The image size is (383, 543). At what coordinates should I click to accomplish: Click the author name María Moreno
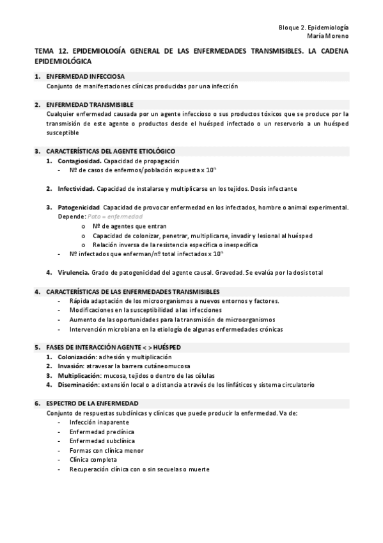tap(328, 36)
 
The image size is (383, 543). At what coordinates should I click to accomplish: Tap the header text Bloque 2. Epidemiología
tap(314, 28)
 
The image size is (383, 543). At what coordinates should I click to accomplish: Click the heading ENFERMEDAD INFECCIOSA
tap(85, 76)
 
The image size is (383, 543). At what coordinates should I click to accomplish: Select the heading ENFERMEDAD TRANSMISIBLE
tap(90, 104)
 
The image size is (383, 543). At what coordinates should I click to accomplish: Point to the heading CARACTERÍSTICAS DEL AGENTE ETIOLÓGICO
tap(106, 151)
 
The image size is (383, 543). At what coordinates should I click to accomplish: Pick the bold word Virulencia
tap(73, 272)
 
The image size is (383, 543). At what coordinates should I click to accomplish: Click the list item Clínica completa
tap(93, 460)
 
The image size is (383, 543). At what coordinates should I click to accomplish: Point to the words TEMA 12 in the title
tap(50, 52)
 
